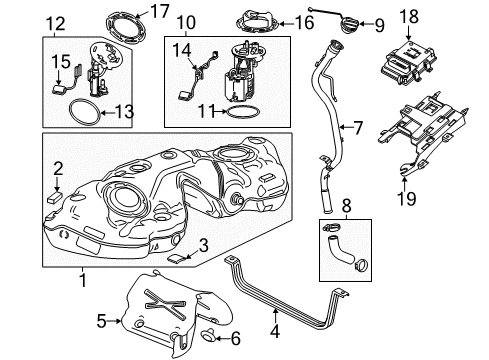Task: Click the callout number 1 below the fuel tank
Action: point(83,281)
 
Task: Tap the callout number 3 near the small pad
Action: point(203,243)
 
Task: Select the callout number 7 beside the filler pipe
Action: point(357,127)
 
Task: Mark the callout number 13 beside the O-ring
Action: point(123,113)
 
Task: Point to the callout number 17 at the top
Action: point(158,13)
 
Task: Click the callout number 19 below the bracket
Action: point(407,199)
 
